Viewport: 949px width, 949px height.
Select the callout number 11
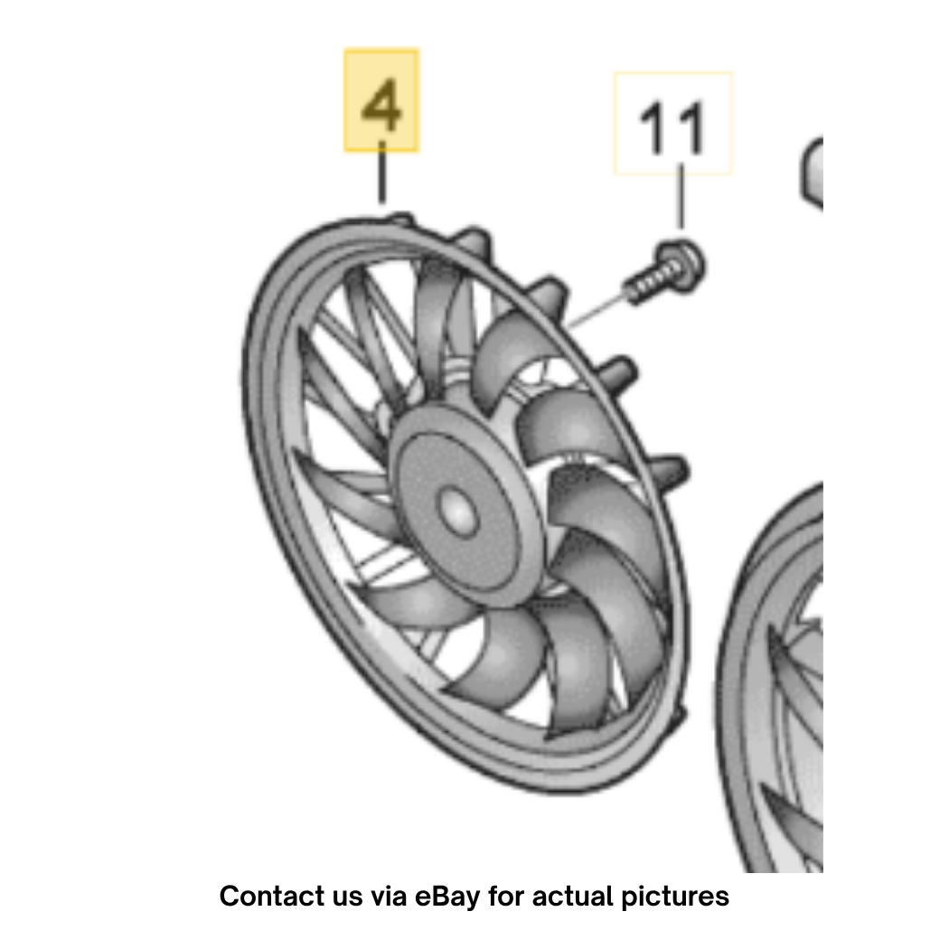[672, 127]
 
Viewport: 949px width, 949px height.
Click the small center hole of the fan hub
[458, 512]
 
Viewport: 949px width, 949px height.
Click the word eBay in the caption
[447, 897]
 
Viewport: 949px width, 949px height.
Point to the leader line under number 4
[382, 173]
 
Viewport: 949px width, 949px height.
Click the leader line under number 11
[682, 196]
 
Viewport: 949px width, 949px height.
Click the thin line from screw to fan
[597, 311]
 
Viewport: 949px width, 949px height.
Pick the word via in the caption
[388, 897]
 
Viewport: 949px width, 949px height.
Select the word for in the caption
[506, 897]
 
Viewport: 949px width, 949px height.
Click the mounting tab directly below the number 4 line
[400, 220]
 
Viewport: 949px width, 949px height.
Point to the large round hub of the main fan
[463, 505]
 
